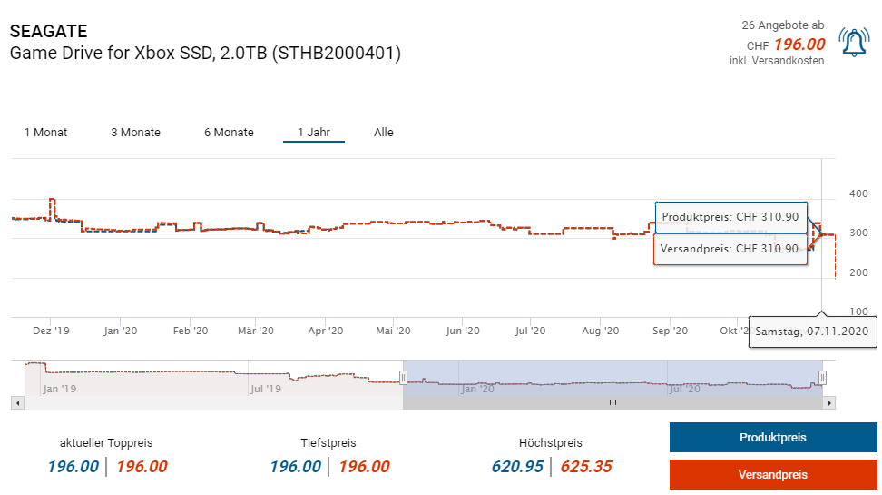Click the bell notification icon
tap(854, 42)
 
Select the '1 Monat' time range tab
tap(45, 133)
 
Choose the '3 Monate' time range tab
tap(135, 133)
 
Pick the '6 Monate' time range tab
tap(229, 133)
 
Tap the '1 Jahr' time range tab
tap(313, 133)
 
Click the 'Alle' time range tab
tap(384, 133)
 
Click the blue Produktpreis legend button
tap(772, 438)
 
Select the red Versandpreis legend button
tap(772, 475)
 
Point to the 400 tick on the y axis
tap(857, 194)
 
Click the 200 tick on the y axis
tap(857, 272)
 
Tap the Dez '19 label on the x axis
tap(52, 332)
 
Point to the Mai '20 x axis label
tap(393, 332)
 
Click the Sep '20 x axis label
tap(669, 332)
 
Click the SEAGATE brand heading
tap(48, 32)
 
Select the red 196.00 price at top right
tap(799, 45)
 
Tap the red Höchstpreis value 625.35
tap(585, 467)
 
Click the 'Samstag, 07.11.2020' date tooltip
tap(811, 332)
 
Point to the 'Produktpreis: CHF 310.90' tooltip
tap(730, 217)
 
